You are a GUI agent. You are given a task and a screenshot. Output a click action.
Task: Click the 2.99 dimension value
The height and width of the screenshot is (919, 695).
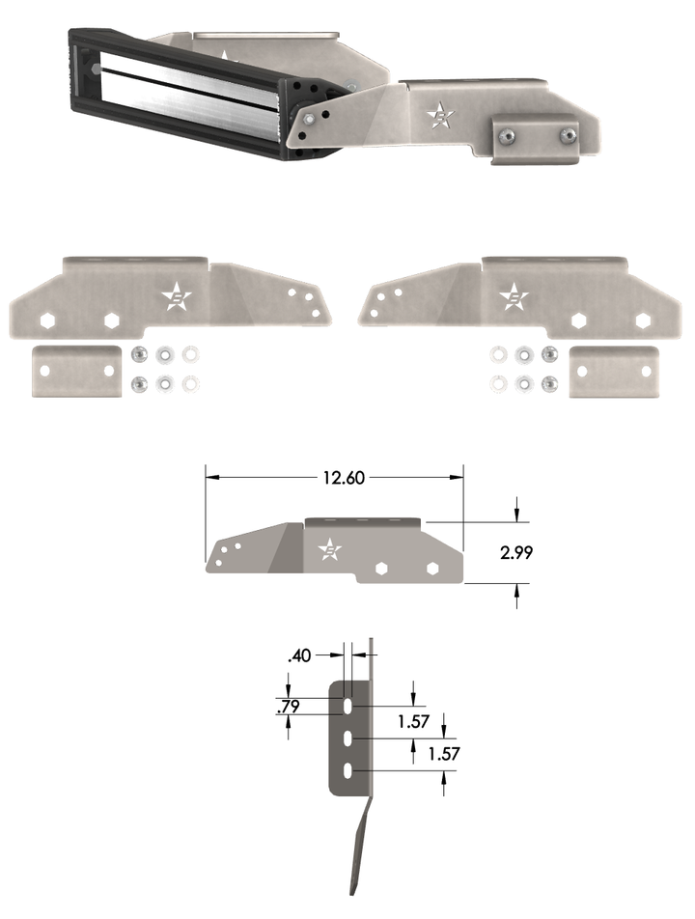[516, 553]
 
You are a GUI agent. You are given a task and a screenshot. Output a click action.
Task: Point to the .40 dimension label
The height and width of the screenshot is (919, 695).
[300, 656]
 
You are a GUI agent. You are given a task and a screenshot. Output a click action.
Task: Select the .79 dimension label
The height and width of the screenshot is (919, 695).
[287, 708]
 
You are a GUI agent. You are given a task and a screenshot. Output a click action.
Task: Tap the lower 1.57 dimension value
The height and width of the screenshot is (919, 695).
[444, 754]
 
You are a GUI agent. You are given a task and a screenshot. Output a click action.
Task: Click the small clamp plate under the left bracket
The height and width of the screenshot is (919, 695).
[75, 372]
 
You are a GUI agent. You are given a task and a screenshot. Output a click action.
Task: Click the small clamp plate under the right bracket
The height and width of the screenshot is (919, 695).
[614, 372]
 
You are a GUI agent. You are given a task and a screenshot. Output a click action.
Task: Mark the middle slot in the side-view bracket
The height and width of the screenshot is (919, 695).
[346, 740]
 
